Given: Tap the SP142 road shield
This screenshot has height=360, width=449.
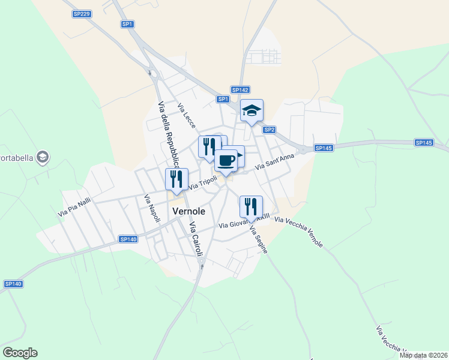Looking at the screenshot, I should coord(240,89).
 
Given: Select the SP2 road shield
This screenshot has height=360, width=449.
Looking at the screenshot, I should coord(269,130).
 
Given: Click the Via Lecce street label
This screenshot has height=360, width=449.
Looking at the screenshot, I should coord(186,115).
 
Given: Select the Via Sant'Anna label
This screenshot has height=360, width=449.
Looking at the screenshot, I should coord(275,162).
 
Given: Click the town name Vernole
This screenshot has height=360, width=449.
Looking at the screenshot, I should coord(188,212).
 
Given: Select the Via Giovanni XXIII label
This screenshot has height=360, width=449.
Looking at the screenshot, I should coord(244,223).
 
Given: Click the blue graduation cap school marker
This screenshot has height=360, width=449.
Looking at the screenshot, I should coord(252,111).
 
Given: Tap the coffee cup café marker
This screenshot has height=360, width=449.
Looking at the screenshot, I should coord(226,161).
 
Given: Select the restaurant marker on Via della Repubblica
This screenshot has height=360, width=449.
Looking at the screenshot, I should coord(176,179).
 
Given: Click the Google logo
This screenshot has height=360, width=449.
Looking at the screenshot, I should coord(20,353).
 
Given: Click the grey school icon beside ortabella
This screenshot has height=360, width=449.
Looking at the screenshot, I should coord(43,158).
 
